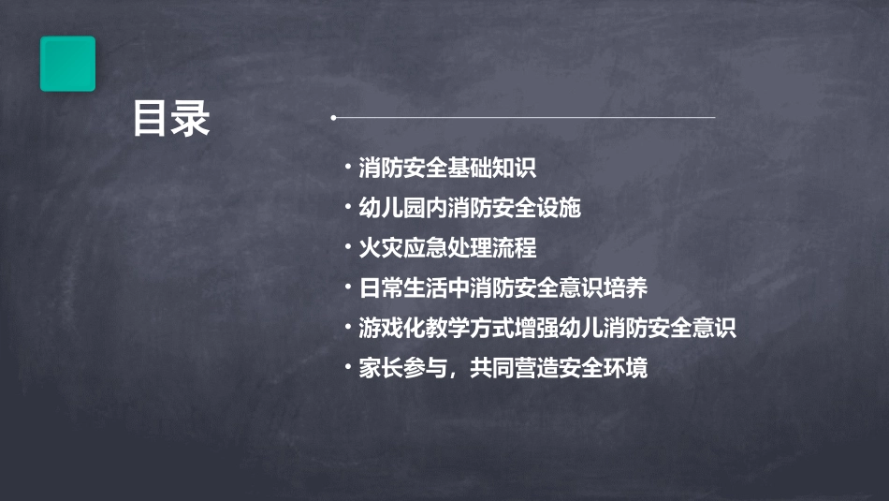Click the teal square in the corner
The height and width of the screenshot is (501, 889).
(x=67, y=64)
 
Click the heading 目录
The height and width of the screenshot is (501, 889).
(x=170, y=119)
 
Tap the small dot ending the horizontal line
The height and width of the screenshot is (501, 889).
(x=333, y=118)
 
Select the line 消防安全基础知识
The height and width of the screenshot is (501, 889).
(x=447, y=169)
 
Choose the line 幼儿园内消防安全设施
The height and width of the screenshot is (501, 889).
(x=470, y=208)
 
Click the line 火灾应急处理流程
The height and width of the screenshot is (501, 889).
(x=447, y=248)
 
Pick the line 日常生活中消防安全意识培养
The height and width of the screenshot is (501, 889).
(x=503, y=287)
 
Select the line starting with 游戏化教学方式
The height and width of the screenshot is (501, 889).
(x=548, y=328)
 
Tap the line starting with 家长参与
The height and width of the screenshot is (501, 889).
(x=503, y=368)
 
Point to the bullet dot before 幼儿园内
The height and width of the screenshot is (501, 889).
(x=348, y=207)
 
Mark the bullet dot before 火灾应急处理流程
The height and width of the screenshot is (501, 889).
(x=348, y=247)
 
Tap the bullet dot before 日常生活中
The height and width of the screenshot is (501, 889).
(x=348, y=287)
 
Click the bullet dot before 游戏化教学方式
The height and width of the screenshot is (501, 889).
(x=348, y=327)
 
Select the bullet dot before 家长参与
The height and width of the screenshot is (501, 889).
(x=348, y=367)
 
